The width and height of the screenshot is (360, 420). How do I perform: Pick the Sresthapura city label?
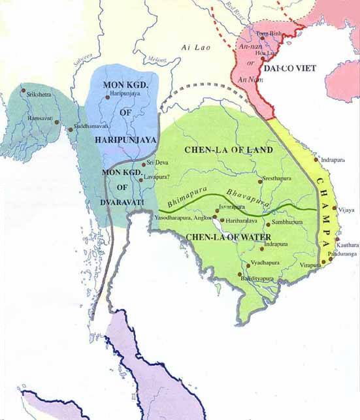click(277, 177)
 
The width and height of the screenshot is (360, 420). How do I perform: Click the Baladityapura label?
click(261, 279)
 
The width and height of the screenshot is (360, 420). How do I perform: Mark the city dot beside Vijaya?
click(335, 210)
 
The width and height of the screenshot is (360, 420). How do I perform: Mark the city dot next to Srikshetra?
click(24, 89)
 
